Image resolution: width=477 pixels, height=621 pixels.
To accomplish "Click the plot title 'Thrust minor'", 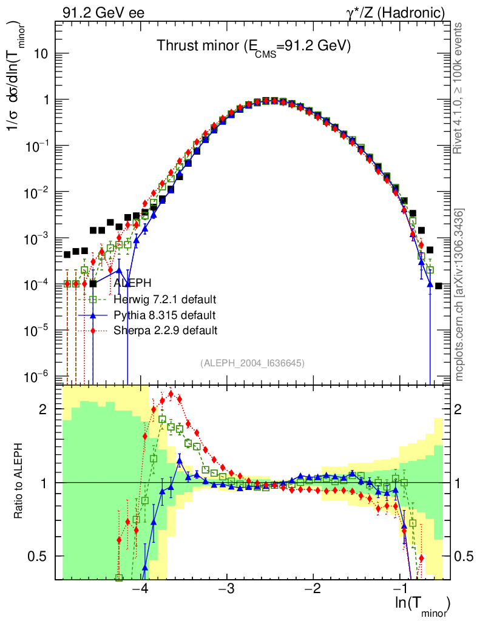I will (x=254, y=47).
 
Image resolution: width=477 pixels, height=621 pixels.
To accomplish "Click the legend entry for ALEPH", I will (x=131, y=283).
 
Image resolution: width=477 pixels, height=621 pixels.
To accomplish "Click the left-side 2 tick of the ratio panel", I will (x=43, y=409).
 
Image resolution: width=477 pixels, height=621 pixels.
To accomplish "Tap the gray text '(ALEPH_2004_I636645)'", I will (x=252, y=363).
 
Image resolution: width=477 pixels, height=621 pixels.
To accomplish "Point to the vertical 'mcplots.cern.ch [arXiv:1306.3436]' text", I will (x=459, y=295).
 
